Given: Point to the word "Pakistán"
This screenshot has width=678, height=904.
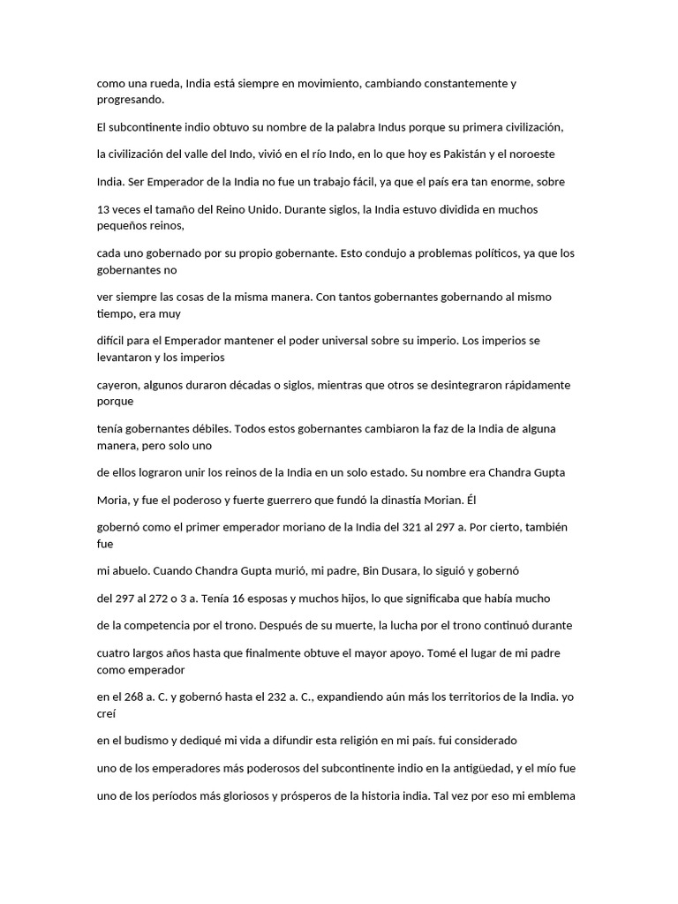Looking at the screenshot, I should tap(471, 154).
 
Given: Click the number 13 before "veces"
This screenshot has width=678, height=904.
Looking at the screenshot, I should tap(103, 209).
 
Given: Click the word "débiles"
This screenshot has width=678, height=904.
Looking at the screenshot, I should tap(192, 428).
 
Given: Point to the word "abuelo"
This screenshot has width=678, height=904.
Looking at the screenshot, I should tap(131, 570).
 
